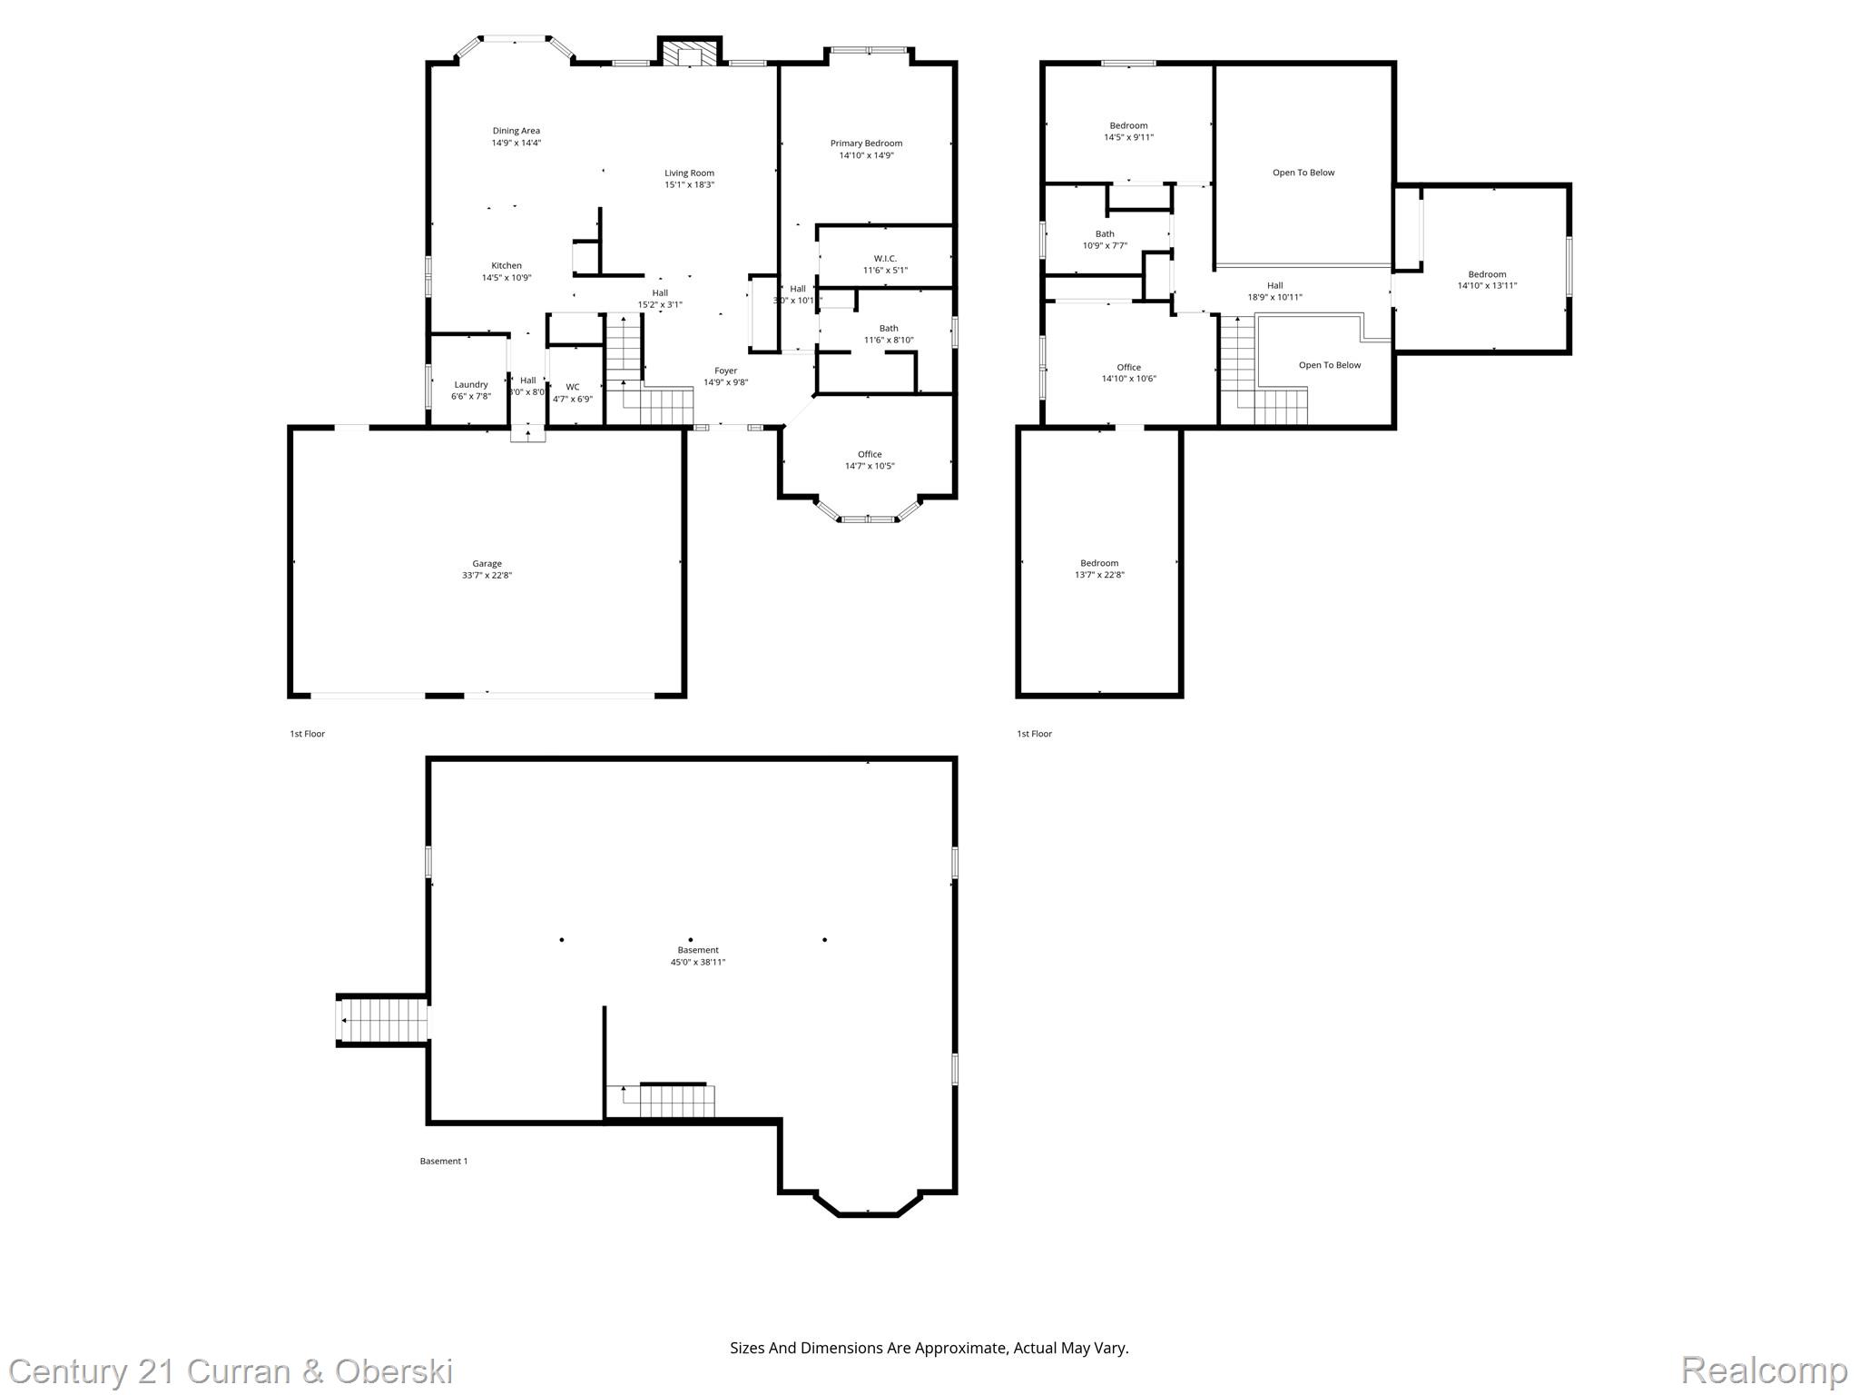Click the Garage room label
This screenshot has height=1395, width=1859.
coord(487,563)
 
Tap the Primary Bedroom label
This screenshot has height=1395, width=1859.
coord(866,143)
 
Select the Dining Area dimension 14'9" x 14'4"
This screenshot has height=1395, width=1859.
coord(516,143)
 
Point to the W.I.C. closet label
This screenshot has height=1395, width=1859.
coord(885,259)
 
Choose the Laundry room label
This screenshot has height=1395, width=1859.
coord(470,384)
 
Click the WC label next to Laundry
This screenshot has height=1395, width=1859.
coord(573,387)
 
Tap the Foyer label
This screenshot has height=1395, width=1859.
coord(725,371)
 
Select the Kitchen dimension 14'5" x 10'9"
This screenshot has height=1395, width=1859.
coord(507,278)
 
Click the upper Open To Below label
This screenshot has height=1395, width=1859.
coord(1303,173)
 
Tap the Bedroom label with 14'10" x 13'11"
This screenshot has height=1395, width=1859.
coord(1487,274)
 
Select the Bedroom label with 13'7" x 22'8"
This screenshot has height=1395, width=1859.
coord(1099,563)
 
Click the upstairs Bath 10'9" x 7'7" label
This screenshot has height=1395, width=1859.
coord(1105,234)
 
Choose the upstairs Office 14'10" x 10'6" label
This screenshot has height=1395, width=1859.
coord(1128,368)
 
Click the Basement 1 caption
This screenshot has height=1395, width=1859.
coord(443,1161)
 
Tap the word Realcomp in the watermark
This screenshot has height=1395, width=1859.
coord(1764,1370)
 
